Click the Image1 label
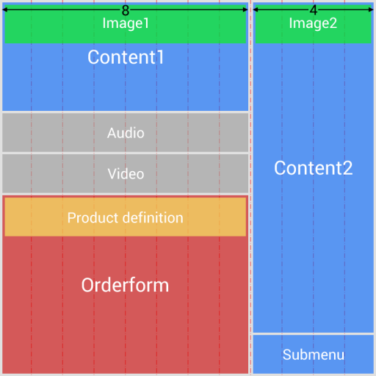126,23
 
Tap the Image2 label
313,23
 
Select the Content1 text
126,57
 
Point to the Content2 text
313,168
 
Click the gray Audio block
126,133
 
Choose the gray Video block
126,174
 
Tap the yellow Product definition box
126,218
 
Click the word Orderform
126,285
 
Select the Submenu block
313,355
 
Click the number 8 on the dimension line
126,10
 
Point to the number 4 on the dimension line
314,10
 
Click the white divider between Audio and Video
126,153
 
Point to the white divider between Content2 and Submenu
313,334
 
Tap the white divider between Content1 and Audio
126,112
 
